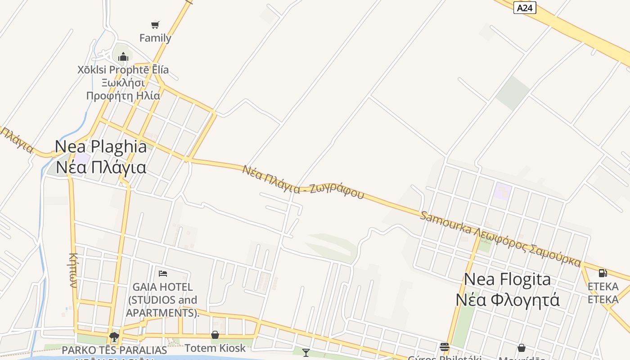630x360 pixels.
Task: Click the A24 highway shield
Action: pyautogui.click(x=525, y=8)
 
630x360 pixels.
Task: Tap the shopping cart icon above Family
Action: pyautogui.click(x=155, y=25)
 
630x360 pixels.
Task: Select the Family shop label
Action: pyautogui.click(x=155, y=38)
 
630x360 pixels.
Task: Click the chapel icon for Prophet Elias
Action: pyautogui.click(x=123, y=57)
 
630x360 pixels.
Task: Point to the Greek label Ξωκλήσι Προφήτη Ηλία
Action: pyautogui.click(x=123, y=89)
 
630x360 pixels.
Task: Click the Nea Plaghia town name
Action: pyautogui.click(x=101, y=146)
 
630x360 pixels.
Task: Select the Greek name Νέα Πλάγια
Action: pyautogui.click(x=101, y=167)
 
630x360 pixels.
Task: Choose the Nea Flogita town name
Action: pyautogui.click(x=507, y=279)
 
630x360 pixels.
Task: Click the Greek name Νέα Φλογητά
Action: pyautogui.click(x=507, y=300)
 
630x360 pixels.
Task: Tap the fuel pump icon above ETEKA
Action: pyautogui.click(x=603, y=273)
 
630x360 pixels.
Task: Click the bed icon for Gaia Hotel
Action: pyautogui.click(x=163, y=273)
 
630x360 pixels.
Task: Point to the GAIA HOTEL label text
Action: pyautogui.click(x=162, y=299)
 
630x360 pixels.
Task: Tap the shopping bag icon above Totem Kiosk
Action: pyautogui.click(x=215, y=335)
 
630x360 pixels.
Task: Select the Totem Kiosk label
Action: pyautogui.click(x=215, y=348)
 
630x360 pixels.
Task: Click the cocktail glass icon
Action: pyautogui.click(x=306, y=352)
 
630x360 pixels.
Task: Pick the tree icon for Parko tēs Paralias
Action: pyautogui.click(x=114, y=337)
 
